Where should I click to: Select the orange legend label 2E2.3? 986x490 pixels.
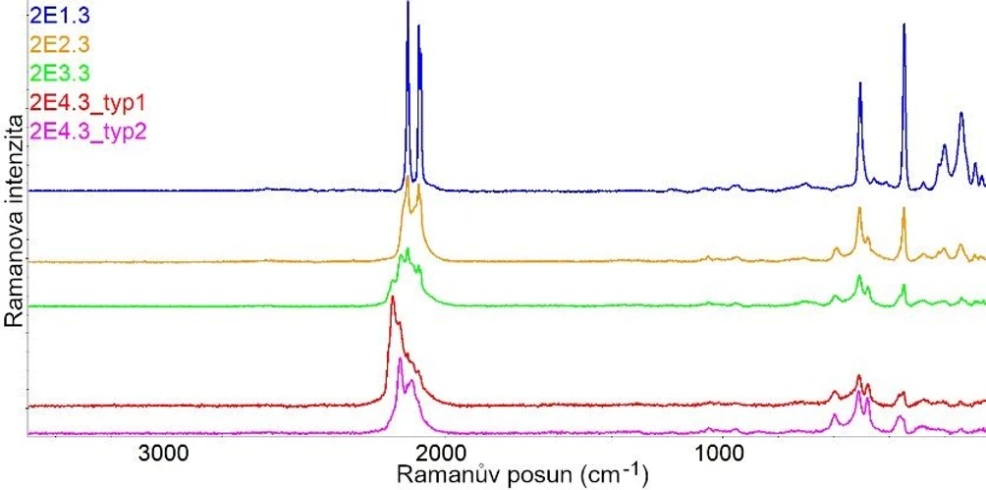point(61,43)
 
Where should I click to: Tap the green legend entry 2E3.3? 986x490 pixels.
point(61,72)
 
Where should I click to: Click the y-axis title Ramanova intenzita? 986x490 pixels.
point(14,221)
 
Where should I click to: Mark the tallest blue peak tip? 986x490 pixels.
point(408,4)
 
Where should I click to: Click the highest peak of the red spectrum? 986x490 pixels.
point(392,298)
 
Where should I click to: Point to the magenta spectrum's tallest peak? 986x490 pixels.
point(400,359)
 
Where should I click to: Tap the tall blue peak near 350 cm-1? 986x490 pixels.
point(904,25)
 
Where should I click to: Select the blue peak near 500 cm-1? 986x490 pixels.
point(860,83)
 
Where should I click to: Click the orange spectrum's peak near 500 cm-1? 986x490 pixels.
point(859,209)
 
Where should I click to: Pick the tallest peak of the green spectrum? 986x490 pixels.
point(408,249)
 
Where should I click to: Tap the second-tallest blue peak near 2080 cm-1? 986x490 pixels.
point(419,27)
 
